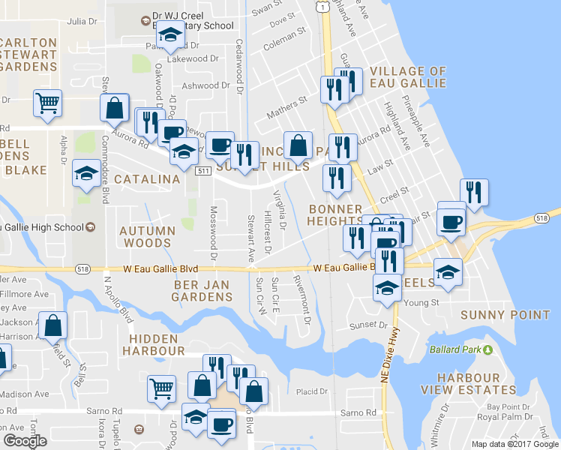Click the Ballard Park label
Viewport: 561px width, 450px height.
point(456,349)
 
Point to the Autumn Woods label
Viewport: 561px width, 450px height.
point(147,237)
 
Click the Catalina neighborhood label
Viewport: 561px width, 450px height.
point(147,179)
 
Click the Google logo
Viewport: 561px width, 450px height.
point(25,440)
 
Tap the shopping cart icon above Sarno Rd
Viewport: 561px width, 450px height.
point(161,388)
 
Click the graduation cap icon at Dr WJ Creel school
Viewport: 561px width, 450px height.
point(171,35)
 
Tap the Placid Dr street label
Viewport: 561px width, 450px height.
point(313,391)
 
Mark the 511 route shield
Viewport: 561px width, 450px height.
point(203,171)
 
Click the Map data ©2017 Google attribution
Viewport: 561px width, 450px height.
point(514,443)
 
